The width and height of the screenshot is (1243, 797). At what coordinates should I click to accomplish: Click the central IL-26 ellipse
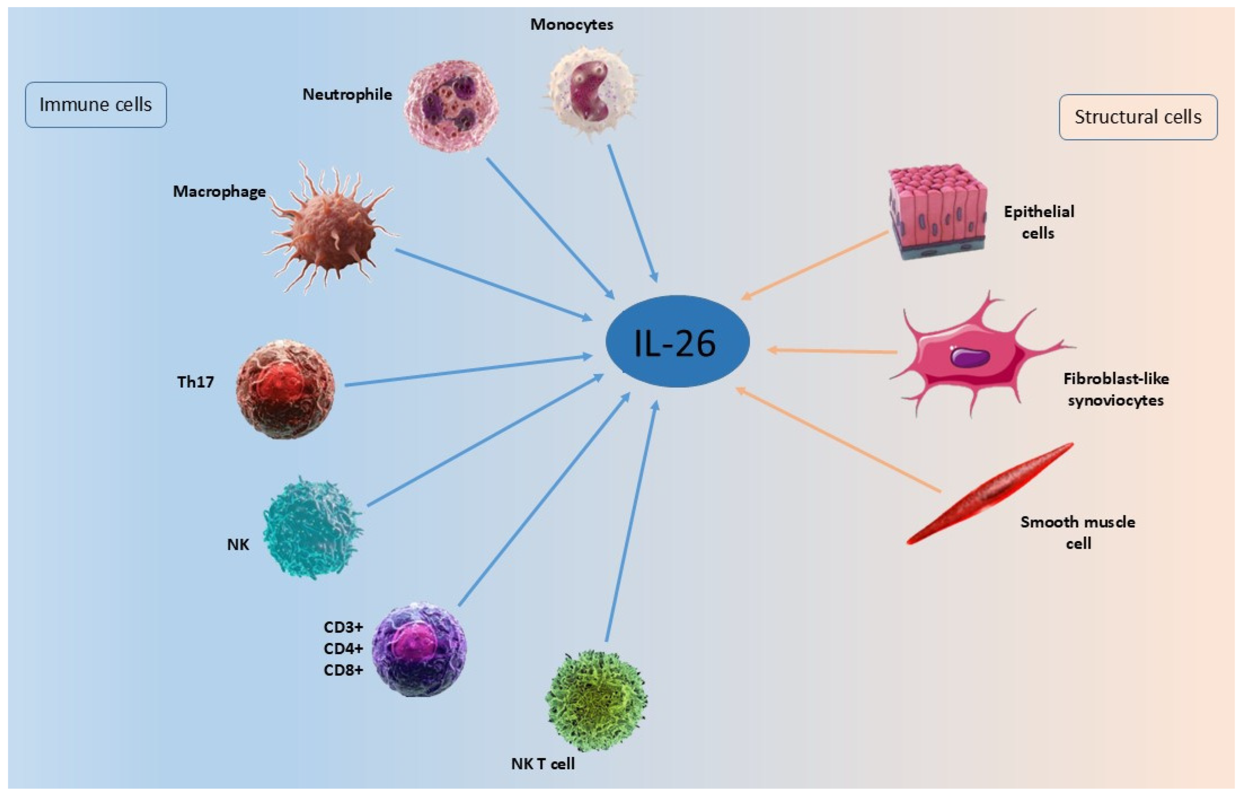(677, 342)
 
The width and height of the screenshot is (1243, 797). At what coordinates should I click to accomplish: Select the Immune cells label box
(96, 105)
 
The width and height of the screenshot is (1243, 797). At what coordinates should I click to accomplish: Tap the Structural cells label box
(1138, 117)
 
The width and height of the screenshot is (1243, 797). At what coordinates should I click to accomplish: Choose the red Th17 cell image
(285, 389)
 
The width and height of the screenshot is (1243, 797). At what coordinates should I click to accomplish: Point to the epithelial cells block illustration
(937, 212)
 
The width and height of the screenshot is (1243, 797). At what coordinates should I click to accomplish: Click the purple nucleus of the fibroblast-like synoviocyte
(970, 357)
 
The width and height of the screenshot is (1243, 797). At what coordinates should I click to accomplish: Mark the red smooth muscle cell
(989, 494)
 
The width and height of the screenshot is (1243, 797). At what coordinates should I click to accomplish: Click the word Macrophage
(219, 192)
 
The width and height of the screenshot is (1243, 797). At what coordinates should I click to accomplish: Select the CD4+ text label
(343, 648)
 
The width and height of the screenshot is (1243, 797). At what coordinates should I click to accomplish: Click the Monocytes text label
(571, 24)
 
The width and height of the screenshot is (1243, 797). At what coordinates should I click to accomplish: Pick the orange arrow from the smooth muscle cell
(838, 440)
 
